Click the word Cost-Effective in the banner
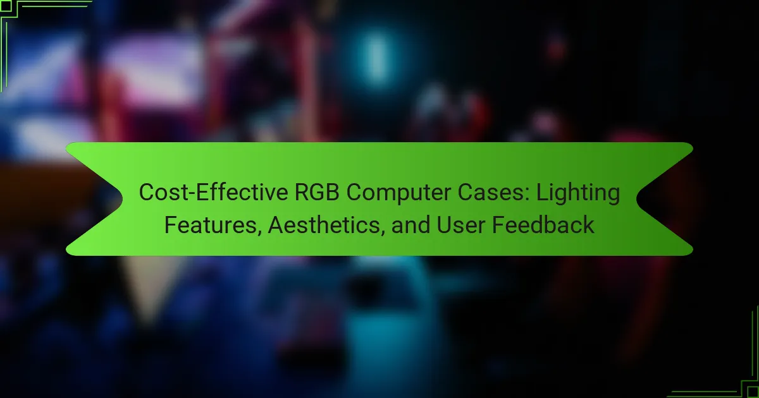[214, 192]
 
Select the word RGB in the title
[317, 192]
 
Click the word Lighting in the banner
[578, 193]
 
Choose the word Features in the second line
[211, 225]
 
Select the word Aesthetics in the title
[324, 225]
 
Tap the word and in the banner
[410, 225]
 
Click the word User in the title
[461, 225]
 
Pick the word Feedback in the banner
[543, 225]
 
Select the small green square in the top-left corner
[6, 6]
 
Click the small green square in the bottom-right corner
[753, 392]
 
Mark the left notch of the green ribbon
[122, 199]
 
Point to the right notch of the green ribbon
[637, 199]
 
